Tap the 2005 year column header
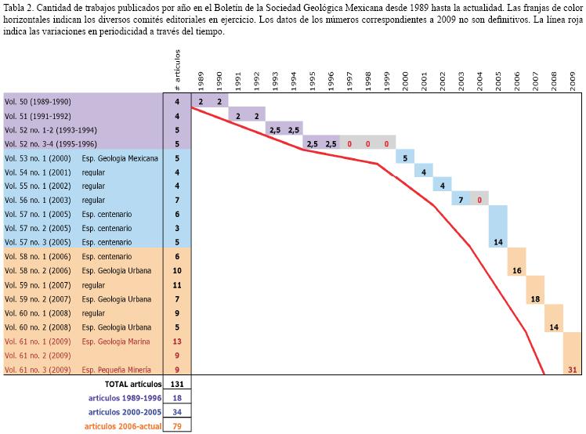(498, 80)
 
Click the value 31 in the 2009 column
(572, 369)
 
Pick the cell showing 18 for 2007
(535, 298)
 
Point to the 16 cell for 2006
(516, 270)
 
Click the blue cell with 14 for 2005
(497, 242)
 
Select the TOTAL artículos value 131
(177, 384)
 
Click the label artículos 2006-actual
(124, 426)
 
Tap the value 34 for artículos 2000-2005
(177, 412)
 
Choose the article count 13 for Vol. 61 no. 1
(177, 341)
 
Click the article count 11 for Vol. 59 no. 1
(177, 284)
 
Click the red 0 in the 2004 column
(479, 201)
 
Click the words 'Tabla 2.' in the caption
(18, 6)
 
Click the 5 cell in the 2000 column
(405, 158)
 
